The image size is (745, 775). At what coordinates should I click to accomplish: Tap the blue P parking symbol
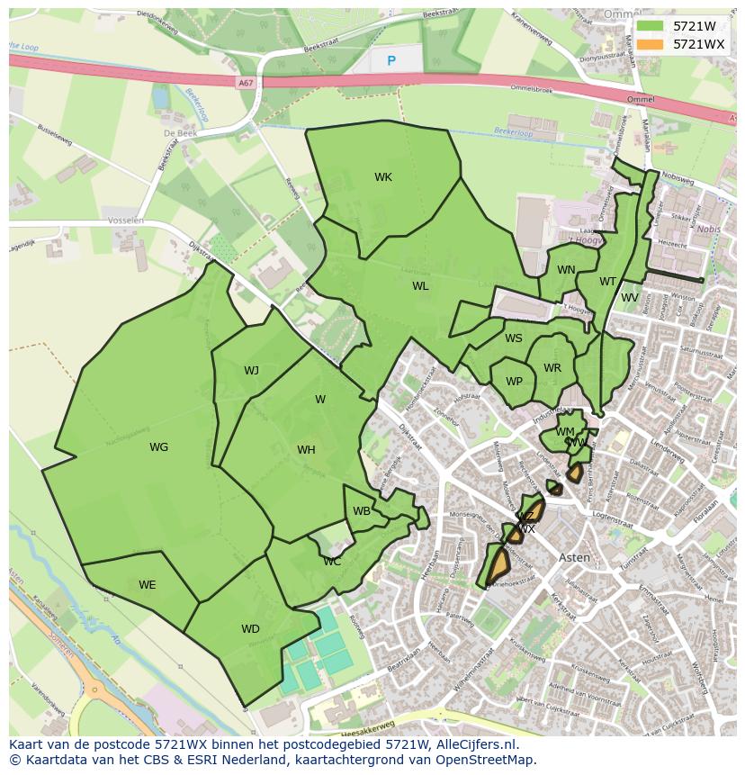390,60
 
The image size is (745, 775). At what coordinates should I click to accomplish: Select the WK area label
383,177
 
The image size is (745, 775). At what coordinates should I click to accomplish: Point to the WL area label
420,286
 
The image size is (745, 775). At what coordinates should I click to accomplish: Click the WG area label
158,447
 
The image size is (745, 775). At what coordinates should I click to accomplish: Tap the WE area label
148,585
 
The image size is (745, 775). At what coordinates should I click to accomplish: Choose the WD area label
250,629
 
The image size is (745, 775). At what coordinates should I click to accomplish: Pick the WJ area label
251,370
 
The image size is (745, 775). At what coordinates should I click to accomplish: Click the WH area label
306,450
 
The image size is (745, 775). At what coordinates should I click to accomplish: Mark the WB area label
362,511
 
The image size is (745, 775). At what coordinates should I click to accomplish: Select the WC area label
332,562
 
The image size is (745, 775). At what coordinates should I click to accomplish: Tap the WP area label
514,382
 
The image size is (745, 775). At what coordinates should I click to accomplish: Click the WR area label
552,368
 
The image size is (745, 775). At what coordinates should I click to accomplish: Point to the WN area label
566,270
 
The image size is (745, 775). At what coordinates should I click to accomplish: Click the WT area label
608,282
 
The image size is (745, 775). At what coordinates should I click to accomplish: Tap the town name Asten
575,557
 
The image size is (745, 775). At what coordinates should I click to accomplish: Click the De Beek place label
180,133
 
